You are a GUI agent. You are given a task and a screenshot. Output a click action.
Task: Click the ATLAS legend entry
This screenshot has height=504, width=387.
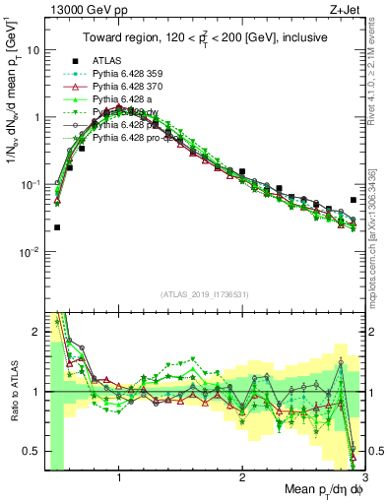108,59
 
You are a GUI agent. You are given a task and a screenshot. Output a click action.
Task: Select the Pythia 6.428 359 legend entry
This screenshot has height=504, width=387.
131,73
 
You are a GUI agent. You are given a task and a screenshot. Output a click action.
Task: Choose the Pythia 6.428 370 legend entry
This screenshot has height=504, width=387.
131,86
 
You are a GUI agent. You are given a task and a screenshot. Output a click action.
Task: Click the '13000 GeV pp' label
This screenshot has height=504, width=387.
78,9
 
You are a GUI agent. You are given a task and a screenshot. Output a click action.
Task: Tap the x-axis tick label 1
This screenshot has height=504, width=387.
119,472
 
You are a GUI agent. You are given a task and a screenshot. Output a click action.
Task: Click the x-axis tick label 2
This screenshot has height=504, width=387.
242,472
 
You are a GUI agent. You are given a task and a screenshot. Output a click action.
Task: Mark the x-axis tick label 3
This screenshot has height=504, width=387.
363,472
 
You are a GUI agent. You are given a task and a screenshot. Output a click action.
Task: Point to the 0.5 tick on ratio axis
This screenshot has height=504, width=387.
32,451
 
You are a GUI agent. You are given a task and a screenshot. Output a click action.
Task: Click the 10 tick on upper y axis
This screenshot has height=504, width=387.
32,49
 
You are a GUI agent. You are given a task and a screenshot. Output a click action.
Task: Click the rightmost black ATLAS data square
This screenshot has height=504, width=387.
354,200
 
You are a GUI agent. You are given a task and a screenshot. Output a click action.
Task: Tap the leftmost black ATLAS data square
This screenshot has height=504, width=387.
57,227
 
